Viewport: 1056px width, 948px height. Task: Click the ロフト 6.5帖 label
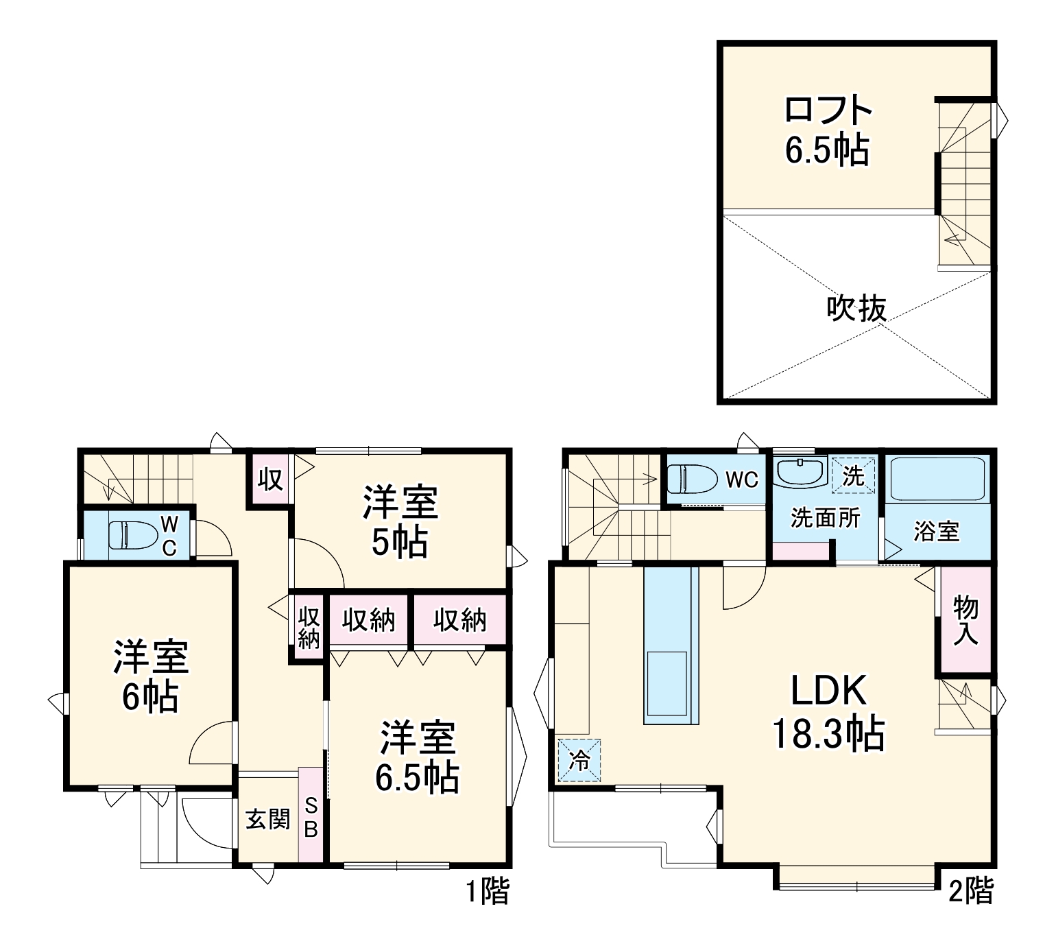click(827, 130)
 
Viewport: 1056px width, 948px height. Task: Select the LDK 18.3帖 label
click(828, 711)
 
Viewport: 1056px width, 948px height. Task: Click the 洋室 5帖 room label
click(400, 521)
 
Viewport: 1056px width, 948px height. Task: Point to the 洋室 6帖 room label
click(151, 676)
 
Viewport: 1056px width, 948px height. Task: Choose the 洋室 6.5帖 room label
click(418, 757)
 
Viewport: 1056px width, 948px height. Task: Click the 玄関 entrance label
click(268, 819)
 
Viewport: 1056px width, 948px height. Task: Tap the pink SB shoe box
click(311, 816)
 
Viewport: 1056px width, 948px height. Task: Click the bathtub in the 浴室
click(937, 478)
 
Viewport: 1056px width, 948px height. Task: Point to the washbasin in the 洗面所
click(800, 472)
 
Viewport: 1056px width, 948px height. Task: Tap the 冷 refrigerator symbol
click(579, 760)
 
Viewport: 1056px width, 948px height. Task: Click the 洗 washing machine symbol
click(854, 475)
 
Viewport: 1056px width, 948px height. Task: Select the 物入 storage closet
click(965, 619)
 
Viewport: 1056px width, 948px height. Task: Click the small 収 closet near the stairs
click(270, 479)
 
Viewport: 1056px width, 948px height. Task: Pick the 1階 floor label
click(488, 891)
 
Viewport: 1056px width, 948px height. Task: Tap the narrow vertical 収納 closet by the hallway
click(309, 627)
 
